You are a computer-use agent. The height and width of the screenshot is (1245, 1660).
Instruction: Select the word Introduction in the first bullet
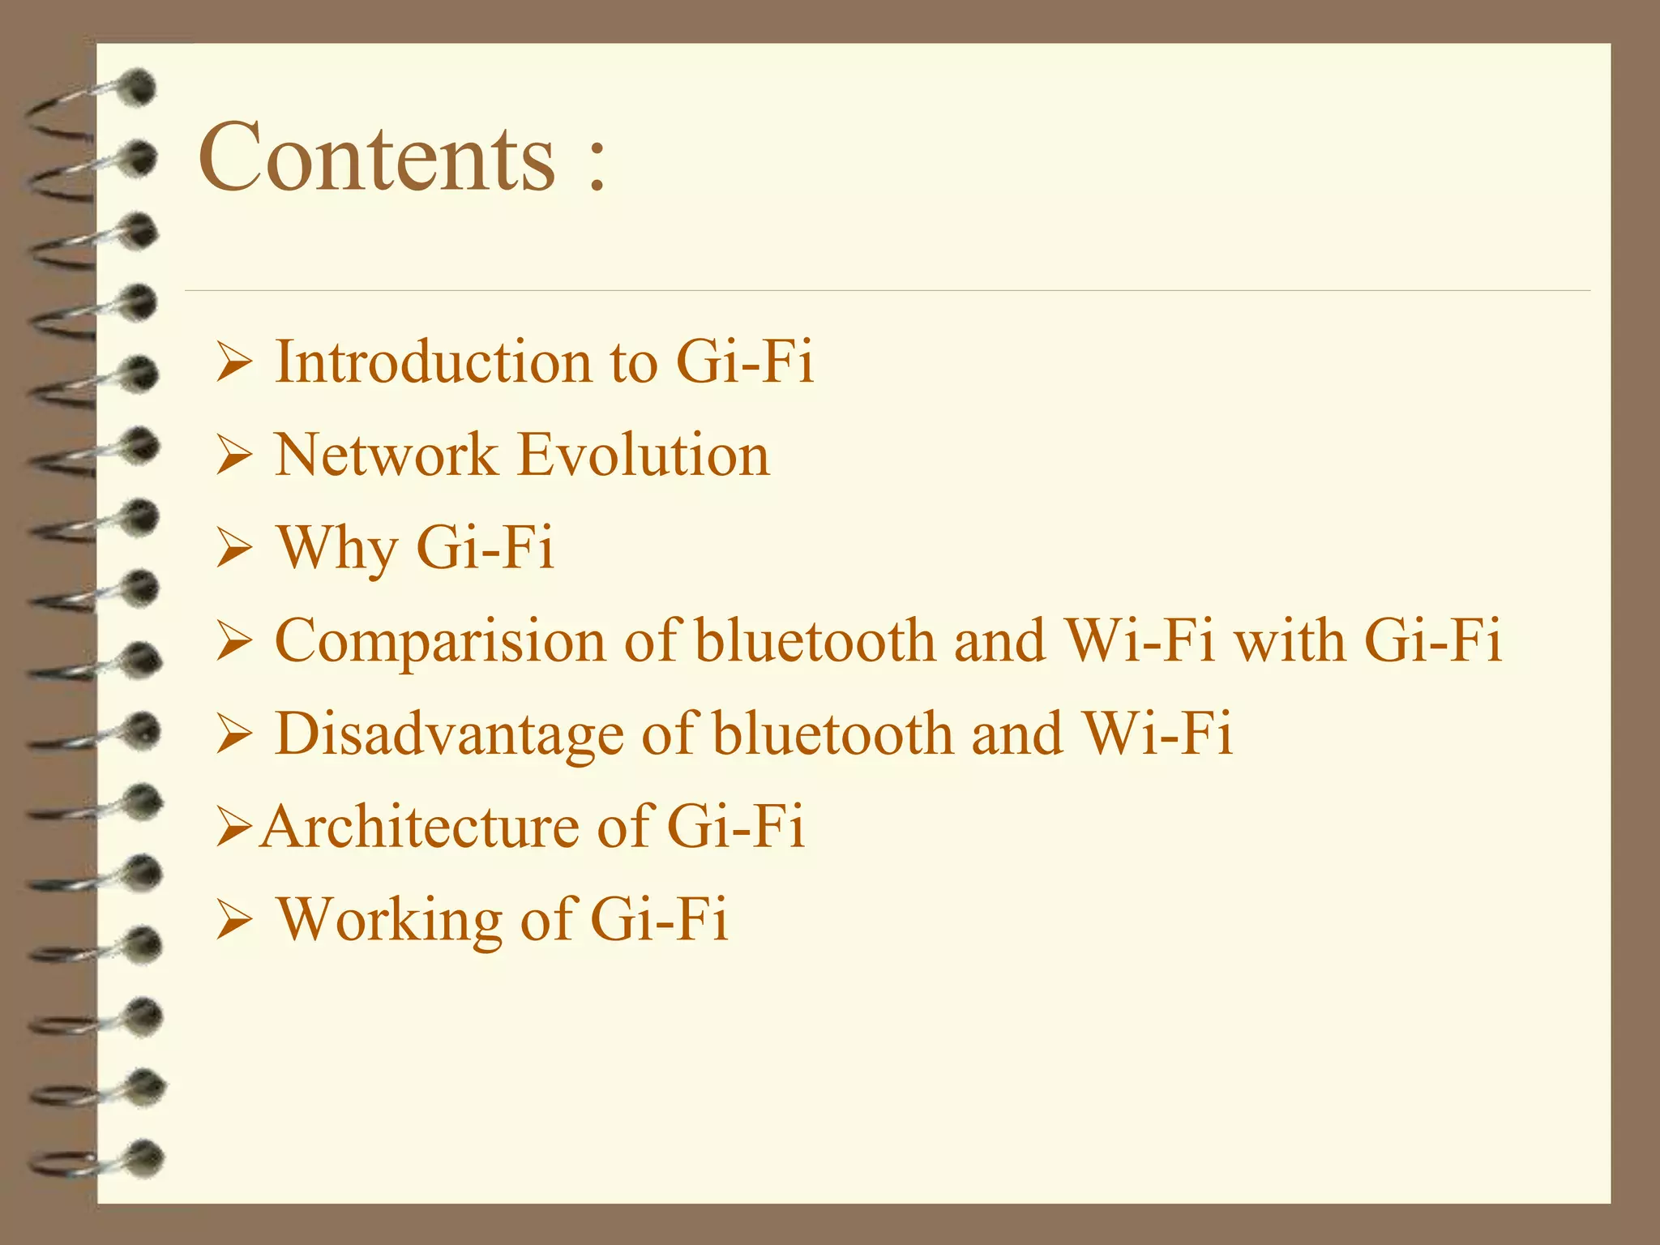click(x=434, y=362)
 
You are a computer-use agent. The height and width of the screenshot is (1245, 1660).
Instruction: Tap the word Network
click(x=386, y=455)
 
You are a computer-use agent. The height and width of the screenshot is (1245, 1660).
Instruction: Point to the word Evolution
click(x=644, y=455)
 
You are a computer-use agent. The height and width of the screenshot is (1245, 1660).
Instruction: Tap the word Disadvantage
click(x=449, y=734)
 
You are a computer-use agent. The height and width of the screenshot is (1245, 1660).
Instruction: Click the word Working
click(x=390, y=921)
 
